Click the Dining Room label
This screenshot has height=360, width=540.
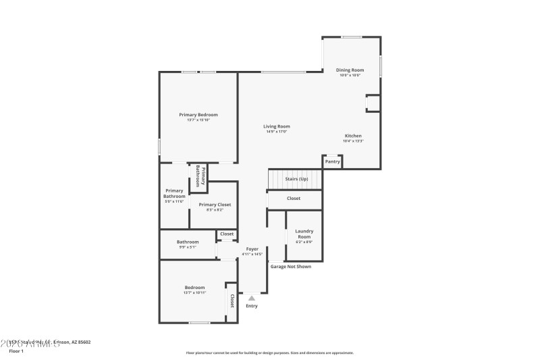point(350,70)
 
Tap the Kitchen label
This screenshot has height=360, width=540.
point(353,136)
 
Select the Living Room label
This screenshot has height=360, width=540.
point(276,126)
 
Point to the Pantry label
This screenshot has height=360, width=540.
point(333,161)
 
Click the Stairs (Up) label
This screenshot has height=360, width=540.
point(296,179)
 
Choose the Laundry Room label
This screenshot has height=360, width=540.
point(304,234)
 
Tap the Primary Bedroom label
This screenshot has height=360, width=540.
point(198,115)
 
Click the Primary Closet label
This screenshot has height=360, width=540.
point(215,205)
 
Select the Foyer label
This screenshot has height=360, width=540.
point(252,249)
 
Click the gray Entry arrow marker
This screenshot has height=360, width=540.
point(252,297)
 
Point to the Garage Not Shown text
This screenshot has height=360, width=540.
point(291,267)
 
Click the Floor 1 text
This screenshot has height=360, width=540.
point(16,351)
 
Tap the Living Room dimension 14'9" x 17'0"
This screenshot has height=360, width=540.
point(276,132)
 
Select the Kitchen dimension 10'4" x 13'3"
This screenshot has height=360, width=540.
point(353,141)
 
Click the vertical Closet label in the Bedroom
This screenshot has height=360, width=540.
point(232,301)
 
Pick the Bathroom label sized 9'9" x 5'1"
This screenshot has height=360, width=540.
point(188,242)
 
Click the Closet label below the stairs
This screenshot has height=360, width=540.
point(294,199)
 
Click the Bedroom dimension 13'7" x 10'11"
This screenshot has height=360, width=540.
point(194,293)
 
